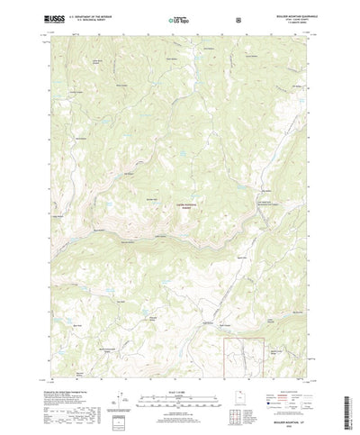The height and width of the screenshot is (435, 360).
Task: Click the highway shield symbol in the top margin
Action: click(x=237, y=18)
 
